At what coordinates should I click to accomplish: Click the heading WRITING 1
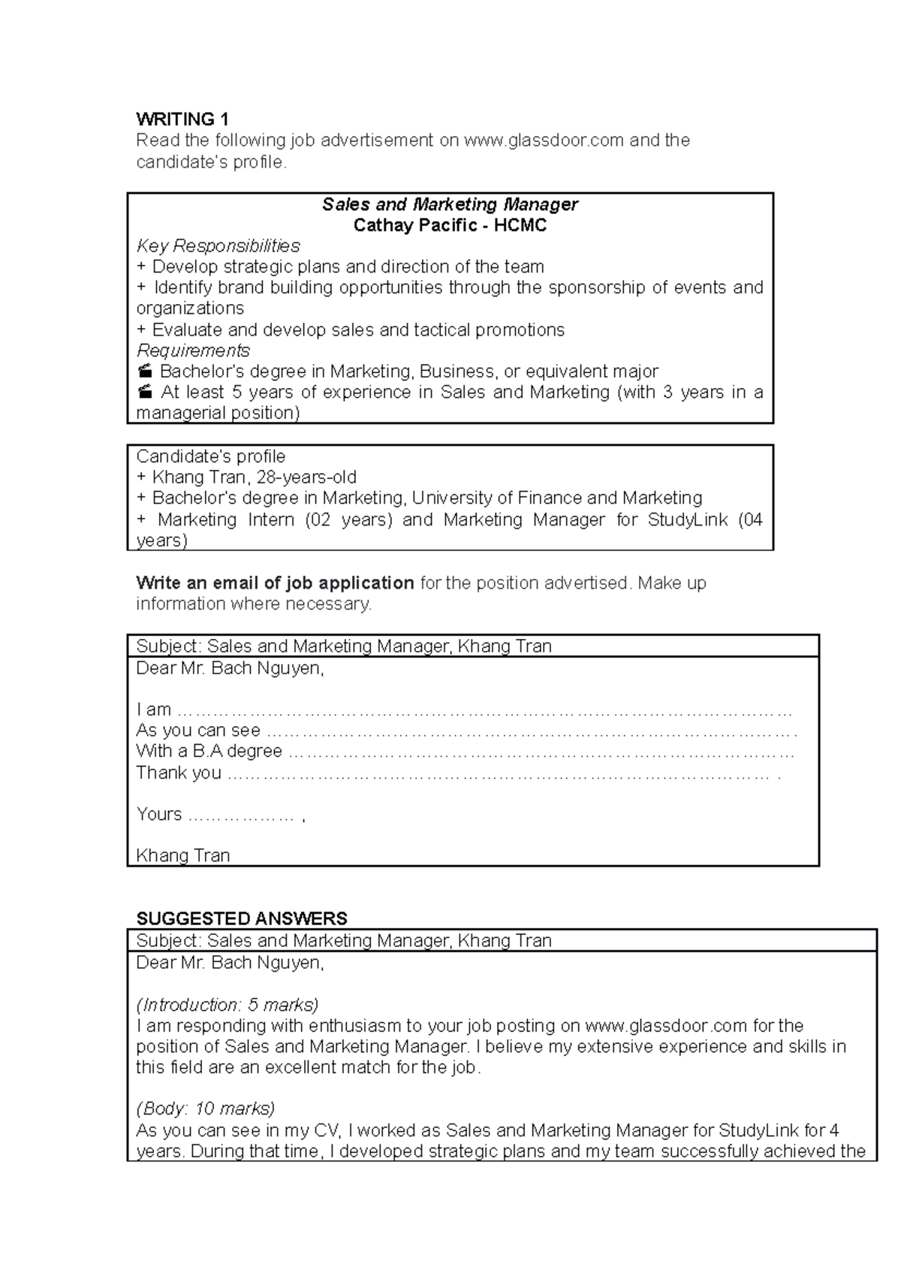(x=182, y=119)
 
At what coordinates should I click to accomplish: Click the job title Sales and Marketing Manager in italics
(x=450, y=204)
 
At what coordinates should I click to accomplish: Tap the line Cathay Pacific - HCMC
(x=450, y=225)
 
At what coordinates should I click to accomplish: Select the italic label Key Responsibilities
(x=218, y=246)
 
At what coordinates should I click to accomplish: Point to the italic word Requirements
(x=193, y=351)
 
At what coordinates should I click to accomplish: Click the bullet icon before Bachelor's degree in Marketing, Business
(x=145, y=372)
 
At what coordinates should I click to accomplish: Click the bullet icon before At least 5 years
(x=145, y=392)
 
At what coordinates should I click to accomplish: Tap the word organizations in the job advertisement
(x=190, y=309)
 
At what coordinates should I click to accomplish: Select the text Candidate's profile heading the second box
(x=210, y=457)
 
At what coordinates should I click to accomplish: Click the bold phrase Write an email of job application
(x=275, y=583)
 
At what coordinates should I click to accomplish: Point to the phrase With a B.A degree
(x=209, y=752)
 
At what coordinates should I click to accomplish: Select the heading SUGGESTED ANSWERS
(x=241, y=919)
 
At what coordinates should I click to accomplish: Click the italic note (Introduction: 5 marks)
(x=227, y=1005)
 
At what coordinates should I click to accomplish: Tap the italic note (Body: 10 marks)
(x=205, y=1109)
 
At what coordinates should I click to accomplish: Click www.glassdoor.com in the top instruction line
(x=544, y=140)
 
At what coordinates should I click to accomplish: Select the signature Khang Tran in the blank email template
(x=182, y=856)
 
